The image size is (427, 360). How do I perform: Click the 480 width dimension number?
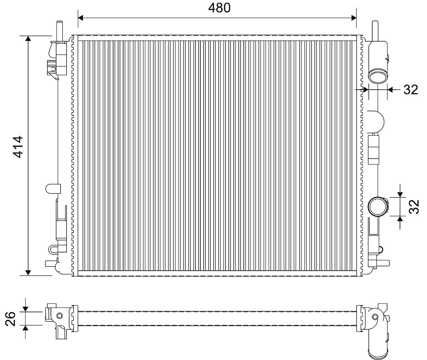(x=220, y=7)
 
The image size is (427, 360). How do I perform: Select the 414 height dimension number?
(x=18, y=146)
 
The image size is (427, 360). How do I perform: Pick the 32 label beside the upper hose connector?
(x=410, y=90)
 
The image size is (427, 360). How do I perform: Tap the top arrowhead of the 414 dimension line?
(x=28, y=39)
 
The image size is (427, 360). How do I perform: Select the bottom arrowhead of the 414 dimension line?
(x=28, y=272)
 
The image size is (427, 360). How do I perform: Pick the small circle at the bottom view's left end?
(x=59, y=316)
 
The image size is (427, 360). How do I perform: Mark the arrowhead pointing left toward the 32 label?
(x=390, y=90)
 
